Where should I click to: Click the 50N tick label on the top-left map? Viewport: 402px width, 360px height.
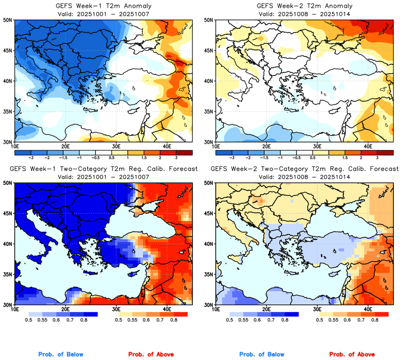pos(8,20)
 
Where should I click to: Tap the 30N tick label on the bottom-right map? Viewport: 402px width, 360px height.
pos(209,305)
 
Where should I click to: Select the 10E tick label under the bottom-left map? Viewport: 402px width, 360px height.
pos(15,310)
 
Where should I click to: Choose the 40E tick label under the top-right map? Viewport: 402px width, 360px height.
pos(368,147)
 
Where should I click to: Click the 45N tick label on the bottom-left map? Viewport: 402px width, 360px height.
pos(8,213)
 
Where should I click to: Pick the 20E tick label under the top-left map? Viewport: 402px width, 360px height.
pos(65,147)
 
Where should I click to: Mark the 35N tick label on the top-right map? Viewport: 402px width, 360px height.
pos(209,111)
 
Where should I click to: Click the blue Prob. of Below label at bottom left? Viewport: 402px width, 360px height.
pos(61,355)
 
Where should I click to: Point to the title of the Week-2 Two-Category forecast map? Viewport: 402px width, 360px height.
pos(303,169)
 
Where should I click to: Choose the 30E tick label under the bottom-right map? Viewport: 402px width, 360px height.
pos(317,310)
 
